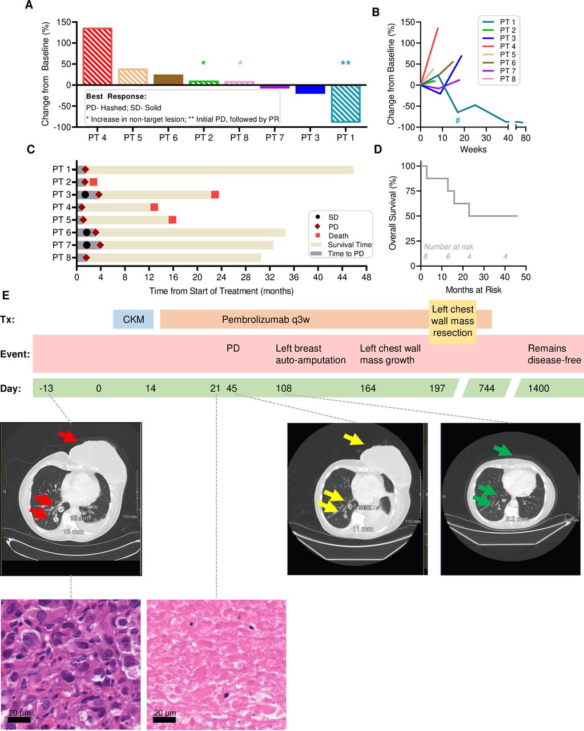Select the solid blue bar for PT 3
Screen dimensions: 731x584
coord(310,89)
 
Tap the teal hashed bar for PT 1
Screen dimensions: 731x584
coord(346,103)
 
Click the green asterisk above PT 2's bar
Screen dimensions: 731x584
coord(203,63)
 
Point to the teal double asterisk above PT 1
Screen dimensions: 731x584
coord(345,63)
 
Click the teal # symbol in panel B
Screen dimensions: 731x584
coord(457,121)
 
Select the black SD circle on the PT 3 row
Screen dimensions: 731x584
coord(85,195)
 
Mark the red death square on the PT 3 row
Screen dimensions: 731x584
coord(215,195)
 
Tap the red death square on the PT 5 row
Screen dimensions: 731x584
coord(172,220)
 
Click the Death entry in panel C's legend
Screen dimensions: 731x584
coord(338,235)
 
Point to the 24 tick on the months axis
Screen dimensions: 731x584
coord(221,278)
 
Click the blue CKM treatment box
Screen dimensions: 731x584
coord(134,319)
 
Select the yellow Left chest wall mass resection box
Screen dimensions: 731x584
coord(453,321)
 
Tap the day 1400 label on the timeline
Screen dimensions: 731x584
coord(538,388)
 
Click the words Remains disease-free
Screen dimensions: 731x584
coord(554,354)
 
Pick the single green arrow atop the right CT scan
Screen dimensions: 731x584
coord(503,450)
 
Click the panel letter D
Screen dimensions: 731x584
coord(377,150)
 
